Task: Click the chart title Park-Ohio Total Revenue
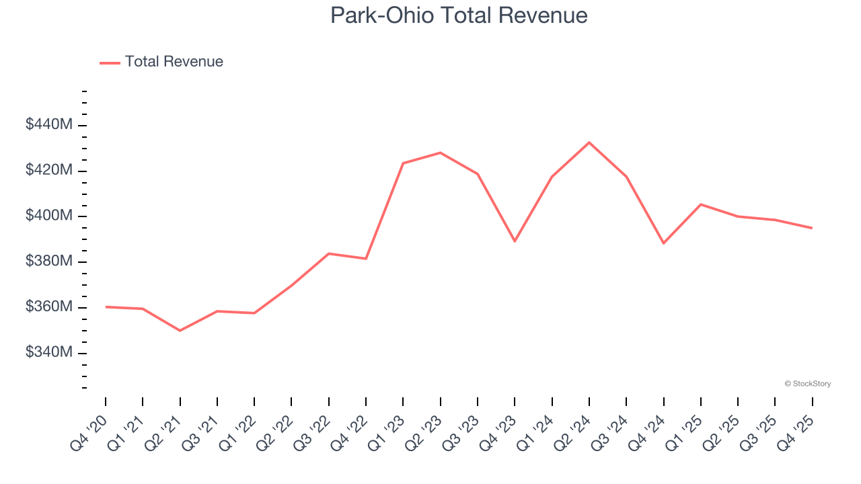[459, 15]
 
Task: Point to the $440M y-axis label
[49, 125]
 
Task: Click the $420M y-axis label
[49, 170]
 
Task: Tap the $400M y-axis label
[49, 216]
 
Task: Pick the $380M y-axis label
[49, 261]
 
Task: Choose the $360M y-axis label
[49, 307]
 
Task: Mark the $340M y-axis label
[49, 352]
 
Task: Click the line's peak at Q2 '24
[589, 143]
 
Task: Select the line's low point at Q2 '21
[180, 331]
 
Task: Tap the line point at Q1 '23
[403, 163]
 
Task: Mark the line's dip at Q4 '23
[515, 241]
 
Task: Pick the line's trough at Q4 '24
[664, 243]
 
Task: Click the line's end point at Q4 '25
[812, 228]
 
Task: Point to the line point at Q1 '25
[701, 204]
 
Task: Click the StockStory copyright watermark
[807, 384]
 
